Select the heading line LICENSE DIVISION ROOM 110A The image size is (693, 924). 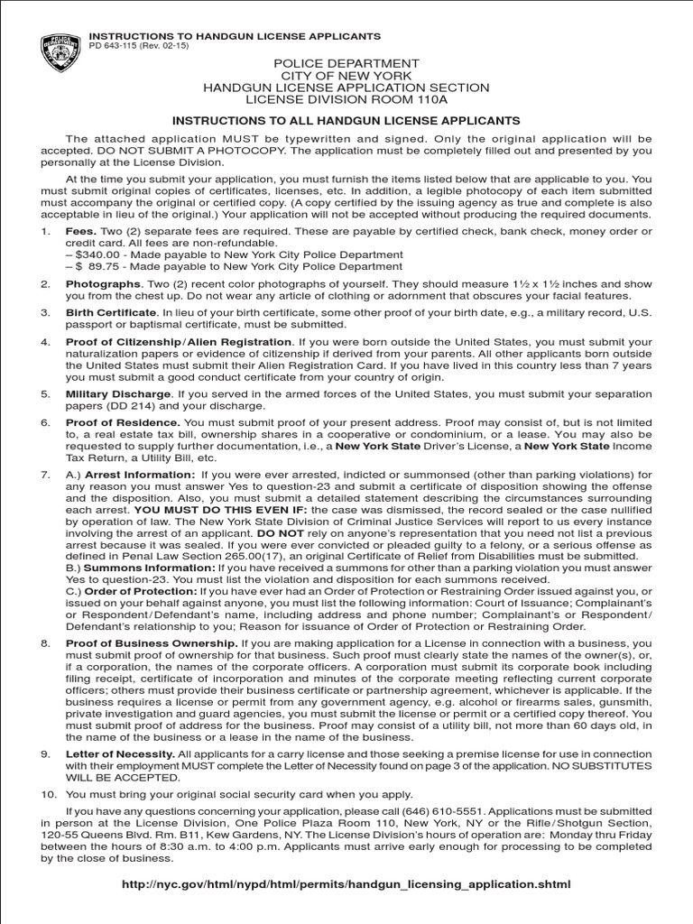(346, 100)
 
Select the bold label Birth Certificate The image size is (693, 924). (111, 313)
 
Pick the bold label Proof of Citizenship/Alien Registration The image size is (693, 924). (179, 342)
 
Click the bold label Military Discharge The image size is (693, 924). (117, 394)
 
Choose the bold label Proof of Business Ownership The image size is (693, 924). (152, 642)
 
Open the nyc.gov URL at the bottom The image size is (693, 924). (346, 884)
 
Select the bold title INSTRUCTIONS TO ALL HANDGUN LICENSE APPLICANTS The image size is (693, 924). (346, 120)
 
